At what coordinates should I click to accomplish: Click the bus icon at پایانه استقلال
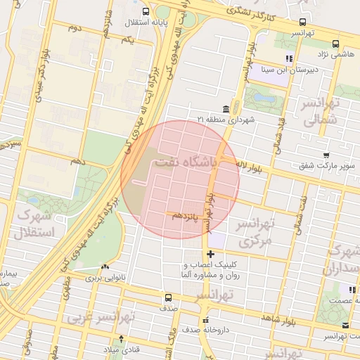pos(146,12)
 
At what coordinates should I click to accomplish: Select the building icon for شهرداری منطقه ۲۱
pos(225,109)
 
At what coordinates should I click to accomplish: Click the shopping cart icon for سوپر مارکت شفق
pos(326,155)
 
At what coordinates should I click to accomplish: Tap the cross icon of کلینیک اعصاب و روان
pos(210,254)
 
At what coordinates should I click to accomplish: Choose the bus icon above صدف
pos(168,297)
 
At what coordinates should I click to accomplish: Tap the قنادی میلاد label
pos(122,349)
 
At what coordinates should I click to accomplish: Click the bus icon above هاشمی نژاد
pos(302,22)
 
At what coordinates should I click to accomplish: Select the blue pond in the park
pos(264,96)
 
